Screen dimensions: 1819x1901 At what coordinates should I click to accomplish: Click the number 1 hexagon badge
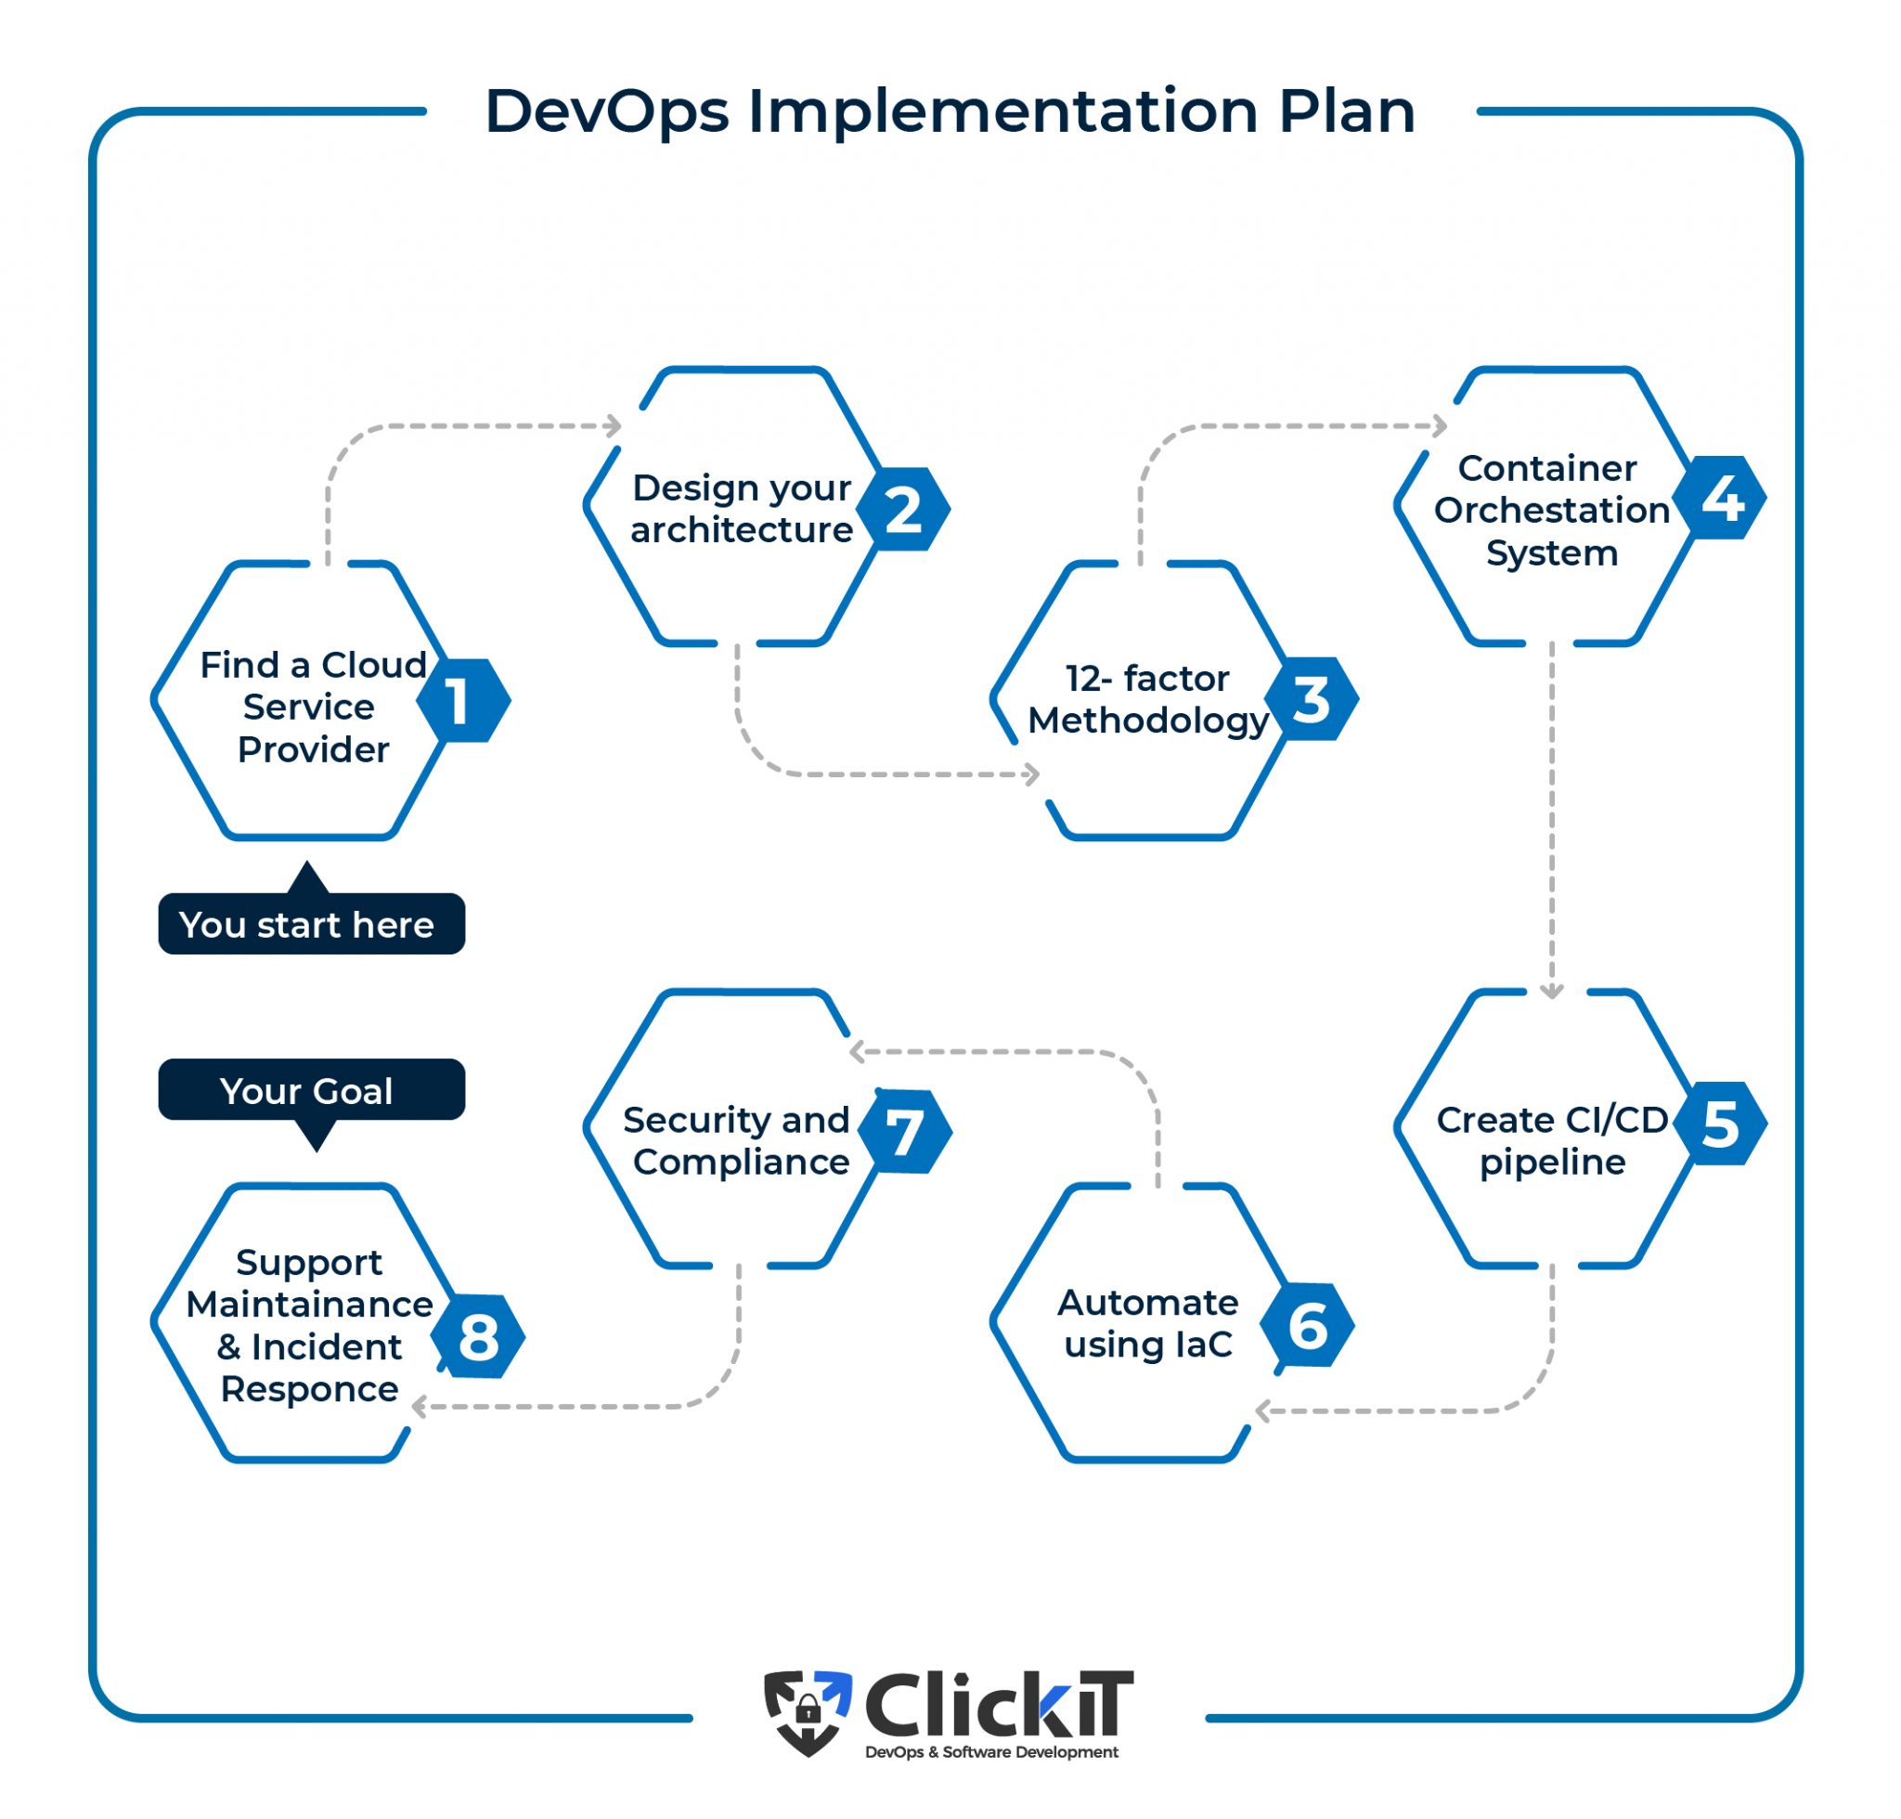462,700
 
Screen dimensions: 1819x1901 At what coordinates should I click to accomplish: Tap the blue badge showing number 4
1723,498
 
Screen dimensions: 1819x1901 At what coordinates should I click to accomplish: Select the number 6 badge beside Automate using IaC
1307,1325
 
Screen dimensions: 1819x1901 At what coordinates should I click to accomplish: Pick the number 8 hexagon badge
478,1337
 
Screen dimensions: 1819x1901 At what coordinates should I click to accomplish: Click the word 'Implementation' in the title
1002,110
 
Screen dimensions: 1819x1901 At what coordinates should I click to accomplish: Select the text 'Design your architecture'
742,508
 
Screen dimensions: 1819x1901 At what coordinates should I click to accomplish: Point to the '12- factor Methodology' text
1148,699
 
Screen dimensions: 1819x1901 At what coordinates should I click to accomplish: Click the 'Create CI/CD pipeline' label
1551,1140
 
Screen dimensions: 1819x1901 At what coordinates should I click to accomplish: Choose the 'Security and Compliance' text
737,1140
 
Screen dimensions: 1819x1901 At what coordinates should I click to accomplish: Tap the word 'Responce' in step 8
309,1388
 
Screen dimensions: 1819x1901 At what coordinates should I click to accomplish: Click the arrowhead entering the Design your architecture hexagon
614,424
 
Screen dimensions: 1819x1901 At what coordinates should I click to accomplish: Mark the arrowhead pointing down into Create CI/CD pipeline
1551,991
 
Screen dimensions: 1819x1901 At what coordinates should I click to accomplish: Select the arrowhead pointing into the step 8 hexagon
420,1406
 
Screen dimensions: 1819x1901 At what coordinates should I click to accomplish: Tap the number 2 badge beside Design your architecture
902,509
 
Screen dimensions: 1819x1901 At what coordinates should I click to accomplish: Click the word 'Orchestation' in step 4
1551,510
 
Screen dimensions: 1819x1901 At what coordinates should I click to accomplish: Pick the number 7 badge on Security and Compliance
904,1132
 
